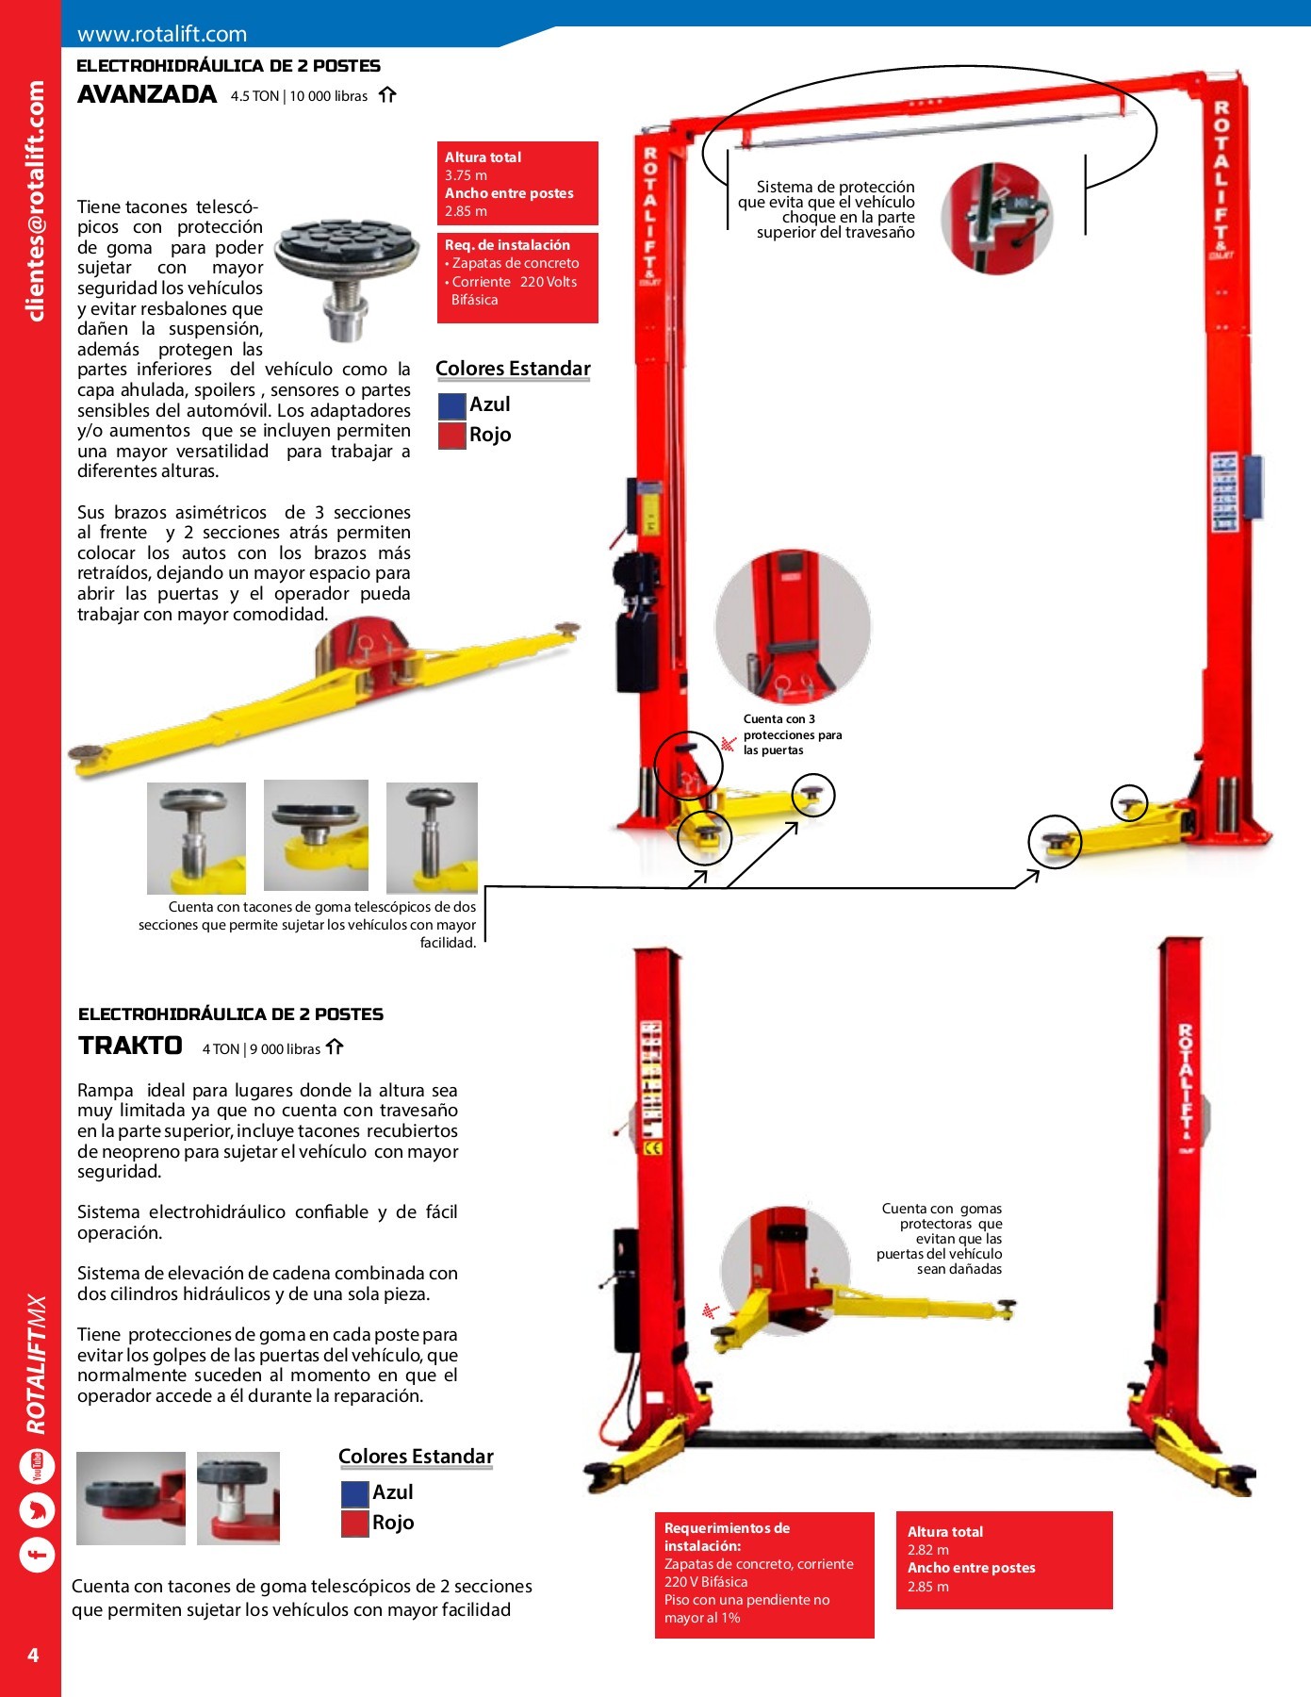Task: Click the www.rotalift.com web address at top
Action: (x=162, y=35)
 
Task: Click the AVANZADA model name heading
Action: (x=147, y=94)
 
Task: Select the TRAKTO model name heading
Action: (x=130, y=1046)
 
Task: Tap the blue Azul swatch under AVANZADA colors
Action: (x=452, y=405)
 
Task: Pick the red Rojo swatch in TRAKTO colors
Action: (x=354, y=1524)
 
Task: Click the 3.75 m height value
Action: (x=466, y=175)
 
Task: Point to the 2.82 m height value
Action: (x=927, y=1550)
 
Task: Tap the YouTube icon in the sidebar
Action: (x=38, y=1467)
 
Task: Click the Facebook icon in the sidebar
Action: (x=38, y=1554)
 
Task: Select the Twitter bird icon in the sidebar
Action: (x=38, y=1510)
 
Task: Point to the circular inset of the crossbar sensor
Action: (x=997, y=219)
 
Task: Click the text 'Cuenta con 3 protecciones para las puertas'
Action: (x=792, y=734)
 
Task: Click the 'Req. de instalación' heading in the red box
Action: (x=507, y=245)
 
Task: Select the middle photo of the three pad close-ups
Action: (x=316, y=835)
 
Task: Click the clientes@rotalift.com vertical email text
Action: (x=36, y=201)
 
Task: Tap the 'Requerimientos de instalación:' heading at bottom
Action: (x=727, y=1537)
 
